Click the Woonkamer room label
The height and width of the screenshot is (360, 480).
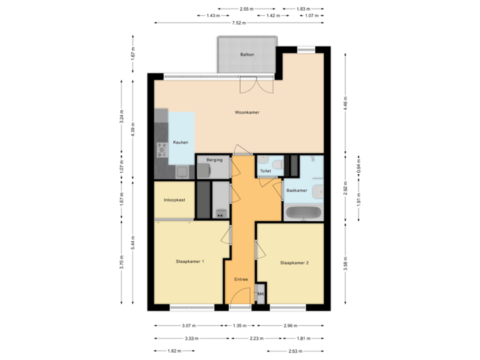(247, 113)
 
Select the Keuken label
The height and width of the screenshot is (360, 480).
(181, 143)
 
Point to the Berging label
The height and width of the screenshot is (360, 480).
(213, 161)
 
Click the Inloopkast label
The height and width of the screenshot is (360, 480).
(174, 199)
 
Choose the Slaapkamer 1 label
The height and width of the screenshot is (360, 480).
(190, 262)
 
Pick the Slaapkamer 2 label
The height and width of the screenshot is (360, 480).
(294, 263)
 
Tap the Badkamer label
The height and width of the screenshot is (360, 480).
(297, 191)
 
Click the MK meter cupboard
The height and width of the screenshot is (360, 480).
(261, 294)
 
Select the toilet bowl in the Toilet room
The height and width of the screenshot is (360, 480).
(264, 162)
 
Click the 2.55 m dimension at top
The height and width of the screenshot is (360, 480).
(246, 9)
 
